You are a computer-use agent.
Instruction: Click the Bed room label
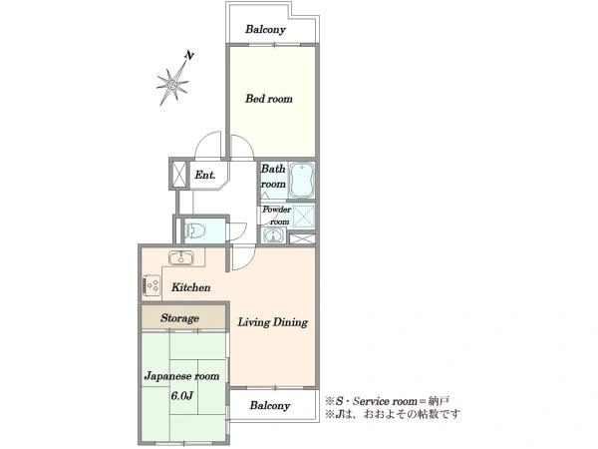click(269, 99)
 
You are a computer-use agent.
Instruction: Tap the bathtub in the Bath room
click(301, 181)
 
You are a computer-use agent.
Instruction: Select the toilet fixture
click(195, 230)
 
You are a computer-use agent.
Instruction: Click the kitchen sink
click(180, 257)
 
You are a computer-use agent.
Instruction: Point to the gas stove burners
click(152, 285)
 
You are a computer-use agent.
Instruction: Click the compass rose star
click(172, 84)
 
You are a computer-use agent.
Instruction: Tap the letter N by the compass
click(189, 56)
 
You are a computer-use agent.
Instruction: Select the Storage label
click(179, 318)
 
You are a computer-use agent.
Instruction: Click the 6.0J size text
click(182, 395)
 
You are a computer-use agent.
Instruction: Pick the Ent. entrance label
click(205, 175)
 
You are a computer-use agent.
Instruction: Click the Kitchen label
click(190, 287)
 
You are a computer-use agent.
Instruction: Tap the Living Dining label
click(273, 322)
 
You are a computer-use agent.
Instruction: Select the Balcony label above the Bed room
click(265, 29)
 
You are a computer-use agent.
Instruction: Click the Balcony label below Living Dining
click(270, 405)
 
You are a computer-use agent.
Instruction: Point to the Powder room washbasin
click(273, 235)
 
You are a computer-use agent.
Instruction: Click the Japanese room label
click(182, 376)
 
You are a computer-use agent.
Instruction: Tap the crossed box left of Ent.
click(179, 174)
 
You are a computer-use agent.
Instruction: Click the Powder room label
click(276, 216)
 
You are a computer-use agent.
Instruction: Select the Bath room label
click(273, 177)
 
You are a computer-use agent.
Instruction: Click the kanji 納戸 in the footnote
click(439, 401)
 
